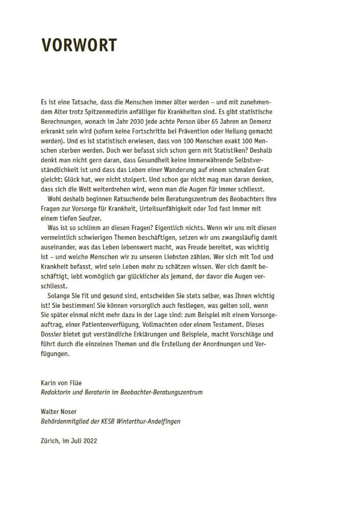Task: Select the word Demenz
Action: click(x=260, y=122)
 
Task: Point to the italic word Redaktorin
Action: click(x=56, y=392)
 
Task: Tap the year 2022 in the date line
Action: click(x=88, y=440)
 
